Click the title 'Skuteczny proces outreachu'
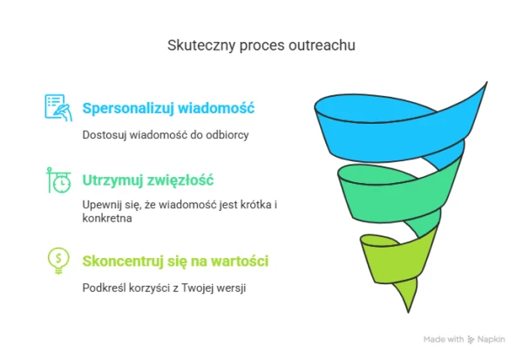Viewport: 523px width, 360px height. (x=261, y=45)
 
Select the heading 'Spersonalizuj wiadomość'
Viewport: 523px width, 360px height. (x=168, y=108)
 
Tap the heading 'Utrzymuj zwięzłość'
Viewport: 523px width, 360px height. (x=148, y=180)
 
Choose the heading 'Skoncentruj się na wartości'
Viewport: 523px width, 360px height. (x=175, y=262)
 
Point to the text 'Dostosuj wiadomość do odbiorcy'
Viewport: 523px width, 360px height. (x=166, y=135)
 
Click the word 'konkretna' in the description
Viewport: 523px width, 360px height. (x=107, y=218)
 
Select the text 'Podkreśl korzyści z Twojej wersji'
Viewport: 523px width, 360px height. (x=164, y=288)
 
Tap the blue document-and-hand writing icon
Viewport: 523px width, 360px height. (x=58, y=107)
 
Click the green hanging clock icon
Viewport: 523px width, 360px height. (x=58, y=180)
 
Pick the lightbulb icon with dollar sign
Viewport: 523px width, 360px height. (x=58, y=261)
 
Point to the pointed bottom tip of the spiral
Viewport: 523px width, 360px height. (x=408, y=313)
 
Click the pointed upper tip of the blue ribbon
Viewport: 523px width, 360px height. (x=487, y=82)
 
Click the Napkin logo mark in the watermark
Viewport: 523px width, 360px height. (x=471, y=340)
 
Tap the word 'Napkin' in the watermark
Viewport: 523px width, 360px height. (x=491, y=339)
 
